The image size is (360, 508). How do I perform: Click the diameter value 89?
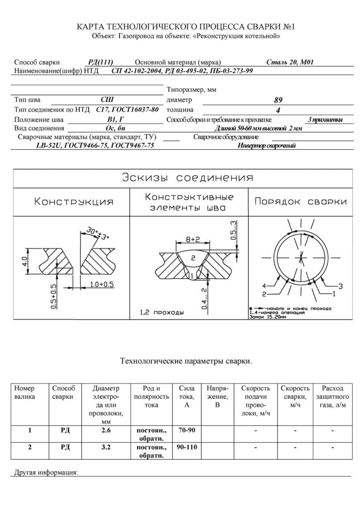click(x=278, y=100)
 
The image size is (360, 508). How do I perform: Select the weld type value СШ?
click(x=107, y=99)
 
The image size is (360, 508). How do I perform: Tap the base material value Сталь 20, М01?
click(x=288, y=63)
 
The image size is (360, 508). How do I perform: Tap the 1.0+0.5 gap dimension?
click(x=101, y=284)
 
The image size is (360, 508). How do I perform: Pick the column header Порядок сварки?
click(x=300, y=202)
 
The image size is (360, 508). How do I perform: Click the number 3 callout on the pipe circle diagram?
click(x=341, y=286)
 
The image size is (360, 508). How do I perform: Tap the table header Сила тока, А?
click(x=185, y=396)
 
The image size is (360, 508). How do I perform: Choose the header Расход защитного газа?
click(x=332, y=396)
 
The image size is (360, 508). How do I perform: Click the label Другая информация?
click(x=45, y=472)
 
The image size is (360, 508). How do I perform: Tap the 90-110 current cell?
click(x=185, y=447)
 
